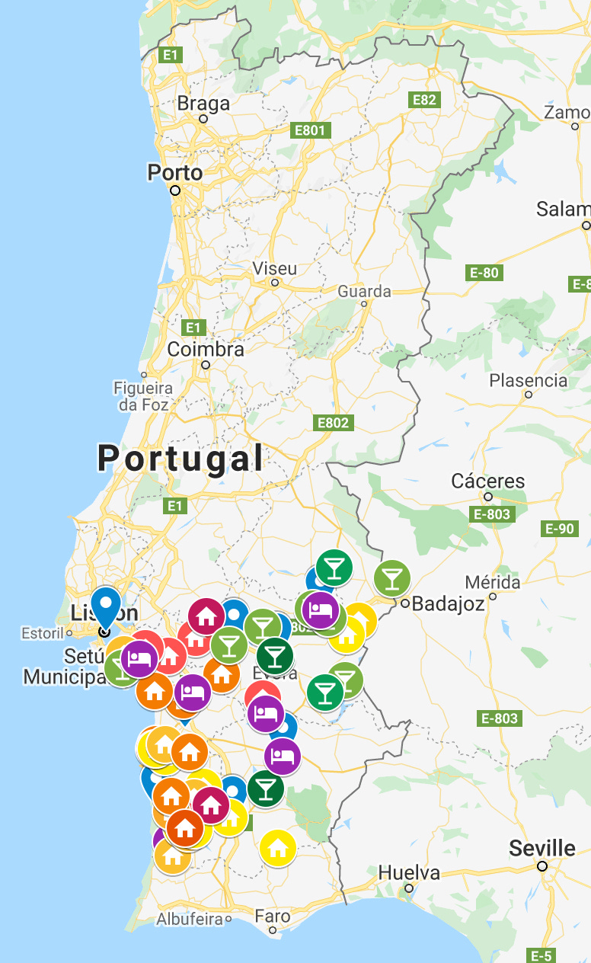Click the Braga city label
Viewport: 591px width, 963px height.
[x=203, y=104]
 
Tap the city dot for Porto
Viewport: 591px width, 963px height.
[x=175, y=190]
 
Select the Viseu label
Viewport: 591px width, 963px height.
[x=275, y=269]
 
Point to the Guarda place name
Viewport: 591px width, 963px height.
[x=364, y=291]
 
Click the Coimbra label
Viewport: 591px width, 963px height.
[x=206, y=350]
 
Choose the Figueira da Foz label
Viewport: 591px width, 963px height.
[x=143, y=396]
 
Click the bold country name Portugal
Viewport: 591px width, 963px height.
[x=180, y=459]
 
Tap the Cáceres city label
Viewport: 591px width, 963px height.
[x=488, y=481]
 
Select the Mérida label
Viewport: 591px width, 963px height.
[x=493, y=583]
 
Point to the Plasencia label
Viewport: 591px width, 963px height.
[x=529, y=380]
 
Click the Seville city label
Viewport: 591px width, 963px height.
[x=543, y=848]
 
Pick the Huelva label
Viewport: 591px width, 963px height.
[x=409, y=872]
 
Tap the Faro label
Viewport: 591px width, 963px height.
[x=272, y=917]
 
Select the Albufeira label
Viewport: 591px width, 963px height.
[x=190, y=920]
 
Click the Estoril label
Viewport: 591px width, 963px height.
[x=42, y=633]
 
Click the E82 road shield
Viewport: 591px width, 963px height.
[x=424, y=100]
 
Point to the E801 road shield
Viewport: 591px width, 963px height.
[x=310, y=130]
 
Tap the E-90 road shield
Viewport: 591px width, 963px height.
[x=560, y=529]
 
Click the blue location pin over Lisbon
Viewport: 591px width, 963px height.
[x=106, y=606]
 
